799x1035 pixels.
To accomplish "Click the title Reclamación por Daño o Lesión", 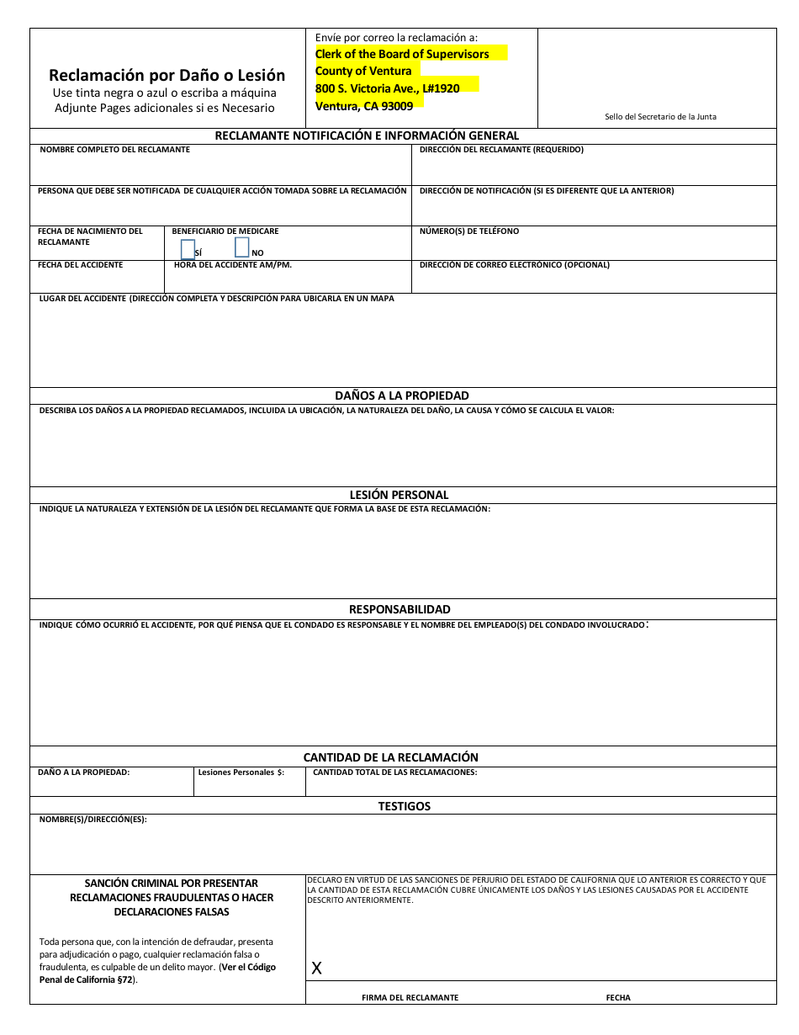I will (167, 75).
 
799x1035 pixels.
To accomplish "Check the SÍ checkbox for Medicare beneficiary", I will (188, 249).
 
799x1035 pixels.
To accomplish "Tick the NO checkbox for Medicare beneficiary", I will (242, 247).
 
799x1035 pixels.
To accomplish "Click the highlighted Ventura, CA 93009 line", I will (364, 106).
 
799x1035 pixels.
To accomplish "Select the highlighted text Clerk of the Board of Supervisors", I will (402, 54).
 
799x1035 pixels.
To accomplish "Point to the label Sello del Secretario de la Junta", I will (660, 117).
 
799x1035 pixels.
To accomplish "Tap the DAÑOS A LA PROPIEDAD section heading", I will (402, 395).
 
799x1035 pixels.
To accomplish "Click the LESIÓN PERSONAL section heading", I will (399, 495).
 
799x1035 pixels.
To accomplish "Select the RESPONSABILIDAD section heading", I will (399, 609).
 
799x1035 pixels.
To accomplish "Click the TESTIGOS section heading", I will (404, 806).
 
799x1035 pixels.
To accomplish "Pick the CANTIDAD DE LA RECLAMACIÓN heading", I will (390, 757).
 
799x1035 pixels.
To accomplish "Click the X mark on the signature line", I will (316, 969).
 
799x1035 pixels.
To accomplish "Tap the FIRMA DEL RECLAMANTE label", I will (410, 997).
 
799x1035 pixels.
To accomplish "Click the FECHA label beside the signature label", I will (618, 997).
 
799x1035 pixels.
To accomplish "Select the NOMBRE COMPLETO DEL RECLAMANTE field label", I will (114, 150).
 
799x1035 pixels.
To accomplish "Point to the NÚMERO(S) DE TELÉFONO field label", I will (468, 231).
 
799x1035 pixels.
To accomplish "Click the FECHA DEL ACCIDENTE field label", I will (80, 265).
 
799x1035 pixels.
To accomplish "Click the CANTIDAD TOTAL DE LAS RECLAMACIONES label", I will (394, 772).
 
